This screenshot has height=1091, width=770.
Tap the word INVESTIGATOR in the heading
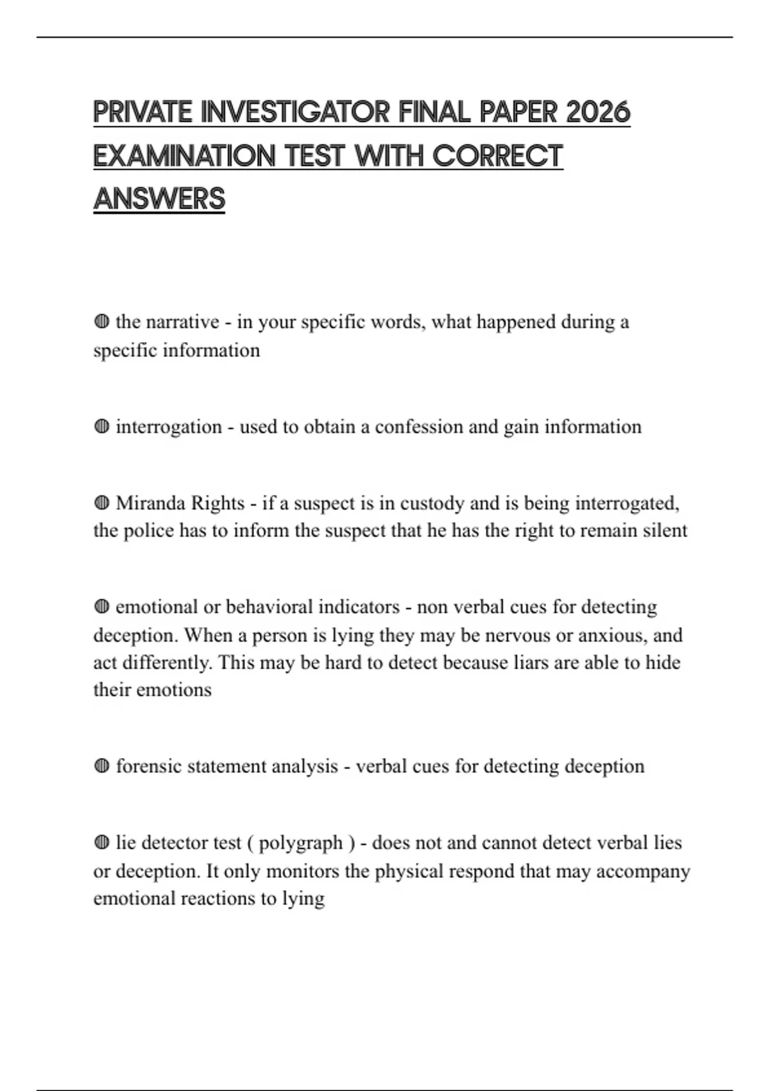click(295, 112)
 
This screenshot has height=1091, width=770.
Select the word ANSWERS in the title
click(159, 198)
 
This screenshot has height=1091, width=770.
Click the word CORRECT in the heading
click(497, 156)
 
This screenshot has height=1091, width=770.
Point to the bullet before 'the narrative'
click(101, 321)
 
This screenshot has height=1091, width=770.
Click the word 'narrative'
click(183, 322)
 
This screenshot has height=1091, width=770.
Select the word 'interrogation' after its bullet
click(169, 427)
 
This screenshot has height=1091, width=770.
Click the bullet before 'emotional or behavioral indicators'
click(101, 606)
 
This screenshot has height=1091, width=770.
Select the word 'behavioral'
click(269, 607)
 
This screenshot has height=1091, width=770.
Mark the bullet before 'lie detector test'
click(101, 842)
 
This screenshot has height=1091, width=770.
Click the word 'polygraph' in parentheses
click(301, 843)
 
